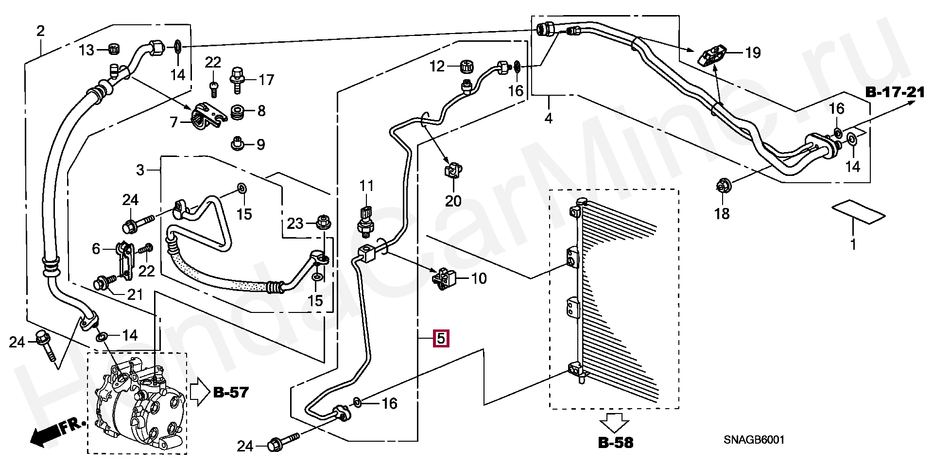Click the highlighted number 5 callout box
click(x=441, y=338)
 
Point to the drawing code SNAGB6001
click(x=754, y=440)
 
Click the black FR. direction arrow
click(x=46, y=433)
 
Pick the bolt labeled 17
click(x=238, y=79)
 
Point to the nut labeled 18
click(x=722, y=186)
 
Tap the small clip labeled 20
click(x=453, y=172)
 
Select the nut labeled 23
click(x=321, y=222)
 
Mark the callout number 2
click(x=40, y=32)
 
